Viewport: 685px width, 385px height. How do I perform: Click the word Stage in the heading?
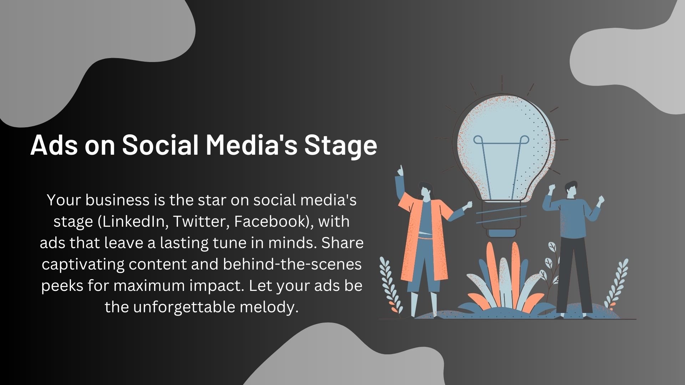click(340, 145)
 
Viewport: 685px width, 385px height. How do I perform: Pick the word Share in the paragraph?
click(342, 243)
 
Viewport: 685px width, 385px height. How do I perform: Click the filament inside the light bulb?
click(501, 168)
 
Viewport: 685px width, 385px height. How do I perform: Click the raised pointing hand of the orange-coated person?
click(400, 171)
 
